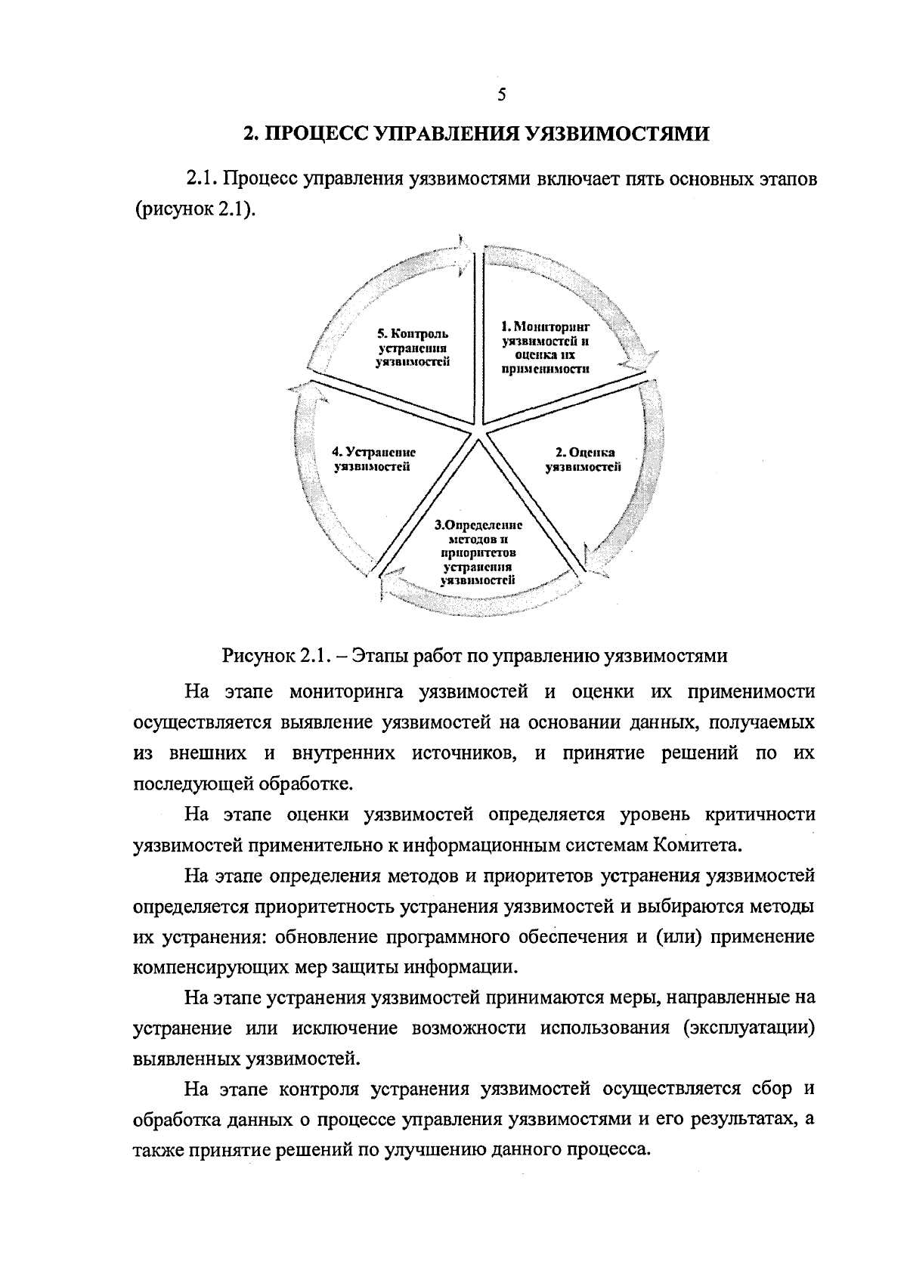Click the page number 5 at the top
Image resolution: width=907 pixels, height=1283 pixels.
coord(501,94)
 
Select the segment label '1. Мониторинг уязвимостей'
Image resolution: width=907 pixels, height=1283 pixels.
coord(545,348)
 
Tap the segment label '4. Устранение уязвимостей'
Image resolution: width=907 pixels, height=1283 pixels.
coord(373,459)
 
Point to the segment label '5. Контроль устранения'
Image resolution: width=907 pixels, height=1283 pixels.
coord(413,348)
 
